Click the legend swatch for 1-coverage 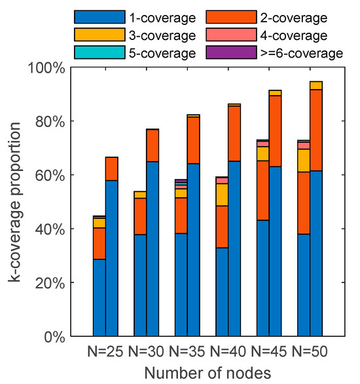tap(98, 17)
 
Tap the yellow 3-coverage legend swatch tap(98, 35)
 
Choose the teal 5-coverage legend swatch tap(98, 52)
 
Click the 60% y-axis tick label tap(48, 175)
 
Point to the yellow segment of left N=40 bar tap(222, 195)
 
